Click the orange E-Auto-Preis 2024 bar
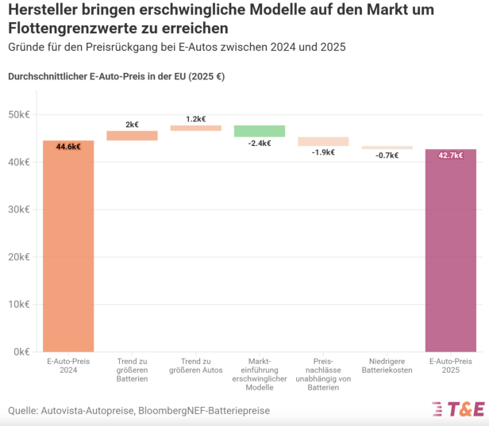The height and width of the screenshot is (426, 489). point(68,246)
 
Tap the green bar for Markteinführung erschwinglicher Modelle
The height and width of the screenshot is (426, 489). point(260,131)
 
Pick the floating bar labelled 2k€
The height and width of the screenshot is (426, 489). point(132,136)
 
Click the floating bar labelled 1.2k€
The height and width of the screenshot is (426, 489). point(195,128)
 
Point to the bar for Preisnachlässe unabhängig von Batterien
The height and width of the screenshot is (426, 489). point(323,141)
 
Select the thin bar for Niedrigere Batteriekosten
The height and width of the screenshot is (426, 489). point(387,148)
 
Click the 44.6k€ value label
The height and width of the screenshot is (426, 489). point(68,147)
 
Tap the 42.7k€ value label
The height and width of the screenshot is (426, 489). point(451,155)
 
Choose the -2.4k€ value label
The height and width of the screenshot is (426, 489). point(260,144)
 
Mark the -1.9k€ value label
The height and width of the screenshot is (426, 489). point(323,152)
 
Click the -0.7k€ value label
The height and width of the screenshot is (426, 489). point(387,155)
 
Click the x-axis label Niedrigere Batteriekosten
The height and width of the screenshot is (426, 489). point(387,366)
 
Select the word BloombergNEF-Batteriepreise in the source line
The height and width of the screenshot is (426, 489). point(204,410)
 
